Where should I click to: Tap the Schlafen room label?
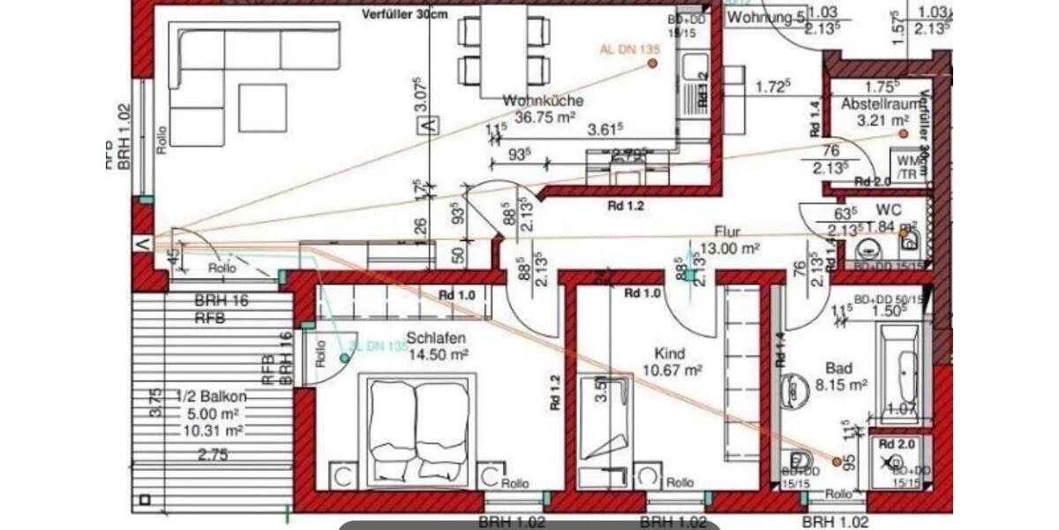pos(435,337)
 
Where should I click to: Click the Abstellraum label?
pos(874,104)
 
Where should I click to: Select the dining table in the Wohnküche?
pos(504,51)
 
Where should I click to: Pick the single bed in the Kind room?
pos(605,417)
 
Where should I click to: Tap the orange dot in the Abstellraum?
pos(903,133)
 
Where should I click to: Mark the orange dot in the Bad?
pos(837,460)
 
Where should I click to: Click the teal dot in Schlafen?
pos(344,358)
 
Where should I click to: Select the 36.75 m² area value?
pos(545,117)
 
